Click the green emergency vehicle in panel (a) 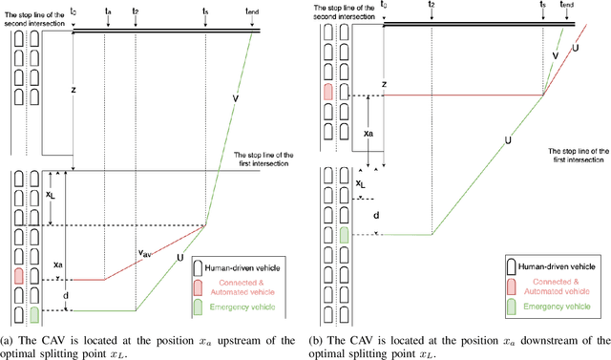click(34, 314)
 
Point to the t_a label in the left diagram click(108, 11)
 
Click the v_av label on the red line click(146, 253)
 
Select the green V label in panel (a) click(237, 96)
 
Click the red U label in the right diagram click(575, 47)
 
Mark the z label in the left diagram click(74, 90)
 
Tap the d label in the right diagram click(376, 216)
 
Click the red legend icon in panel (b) click(510, 284)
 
